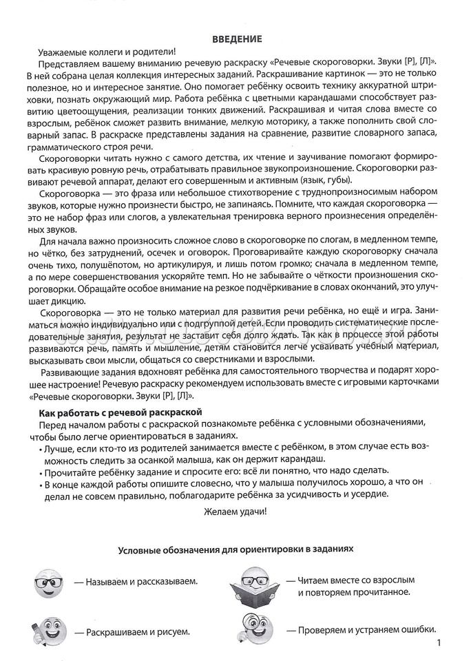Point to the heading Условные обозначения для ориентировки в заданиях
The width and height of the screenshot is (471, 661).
pyautogui.click(x=235, y=550)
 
